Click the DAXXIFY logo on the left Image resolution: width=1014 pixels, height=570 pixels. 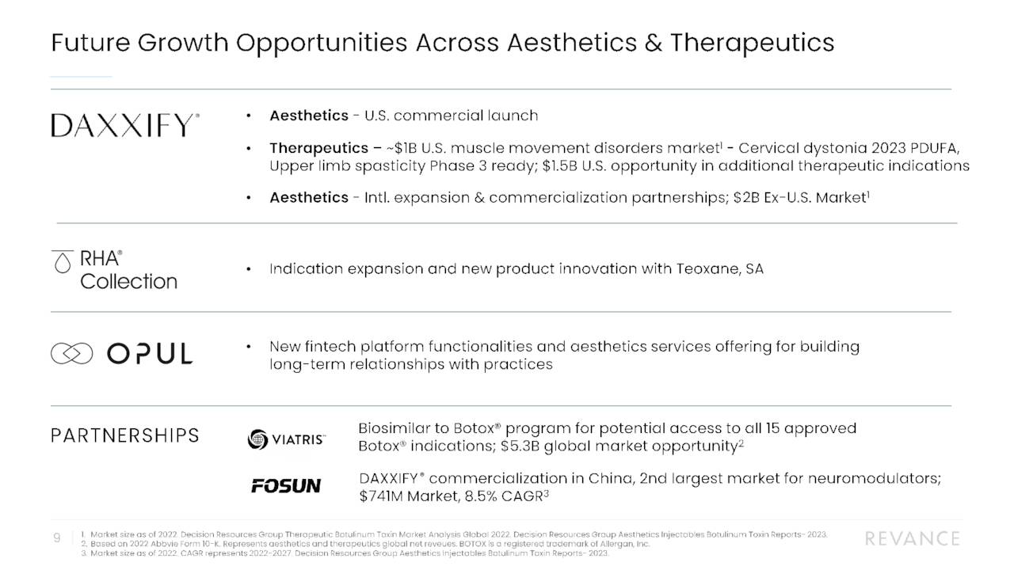click(x=125, y=126)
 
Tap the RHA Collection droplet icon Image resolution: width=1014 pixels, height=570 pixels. click(x=62, y=263)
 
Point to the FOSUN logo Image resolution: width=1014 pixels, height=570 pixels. click(x=286, y=485)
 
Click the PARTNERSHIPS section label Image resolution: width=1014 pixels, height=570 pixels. click(x=124, y=435)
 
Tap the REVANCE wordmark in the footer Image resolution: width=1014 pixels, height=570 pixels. click(x=912, y=539)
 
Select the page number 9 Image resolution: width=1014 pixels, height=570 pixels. click(x=57, y=538)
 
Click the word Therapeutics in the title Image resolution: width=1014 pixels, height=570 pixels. click(x=752, y=42)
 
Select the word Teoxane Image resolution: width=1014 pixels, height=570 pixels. click(x=709, y=269)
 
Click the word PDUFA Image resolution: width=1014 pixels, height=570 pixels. click(x=935, y=148)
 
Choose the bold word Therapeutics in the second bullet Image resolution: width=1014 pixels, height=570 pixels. click(x=317, y=148)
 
